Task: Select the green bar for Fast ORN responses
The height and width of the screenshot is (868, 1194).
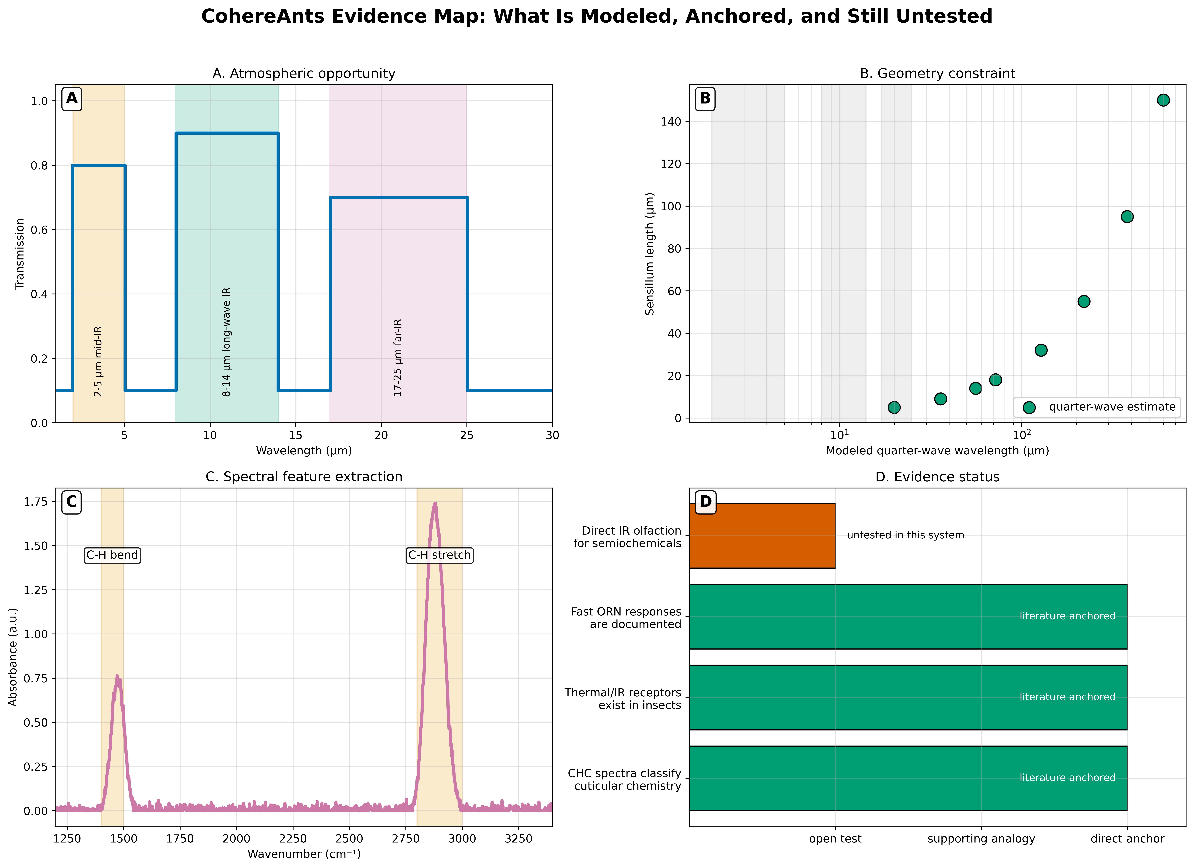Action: pyautogui.click(x=908, y=616)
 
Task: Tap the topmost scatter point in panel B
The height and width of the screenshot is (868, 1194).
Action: pyautogui.click(x=1163, y=100)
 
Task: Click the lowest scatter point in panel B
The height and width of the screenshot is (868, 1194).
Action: pyautogui.click(x=894, y=407)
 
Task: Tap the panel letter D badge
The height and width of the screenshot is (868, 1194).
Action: pyautogui.click(x=706, y=502)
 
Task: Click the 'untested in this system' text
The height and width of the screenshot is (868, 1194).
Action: pyautogui.click(x=906, y=535)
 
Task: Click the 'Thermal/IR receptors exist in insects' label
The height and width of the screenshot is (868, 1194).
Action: pyautogui.click(x=623, y=699)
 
